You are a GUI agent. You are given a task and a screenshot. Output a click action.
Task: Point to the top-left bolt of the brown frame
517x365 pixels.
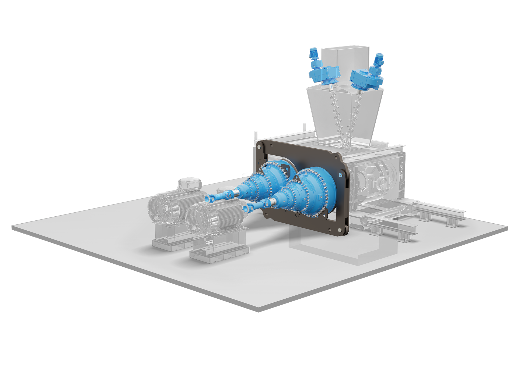pos(259,147)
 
